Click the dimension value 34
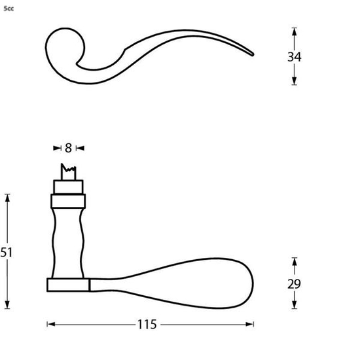(294, 56)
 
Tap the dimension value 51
(7, 252)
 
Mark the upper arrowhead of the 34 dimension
(294, 31)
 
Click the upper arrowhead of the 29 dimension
(294, 262)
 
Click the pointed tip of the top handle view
(252, 54)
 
